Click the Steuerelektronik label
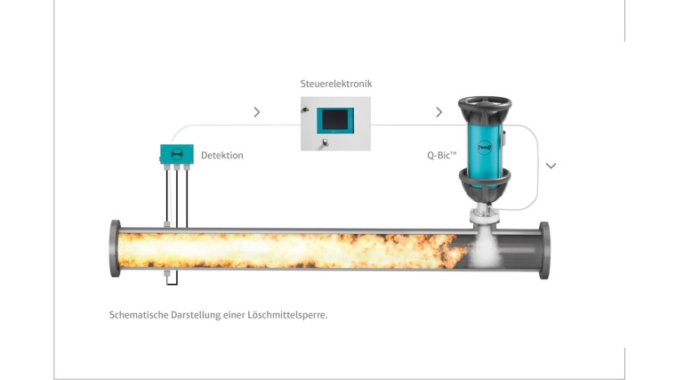[x=336, y=84]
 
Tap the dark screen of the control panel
[x=335, y=120]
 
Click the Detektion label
[x=222, y=155]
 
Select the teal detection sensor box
[x=177, y=154]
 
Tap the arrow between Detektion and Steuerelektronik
[x=257, y=112]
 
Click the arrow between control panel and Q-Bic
[x=439, y=112]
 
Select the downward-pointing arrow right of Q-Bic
[x=551, y=166]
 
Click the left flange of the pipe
[x=115, y=248]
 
